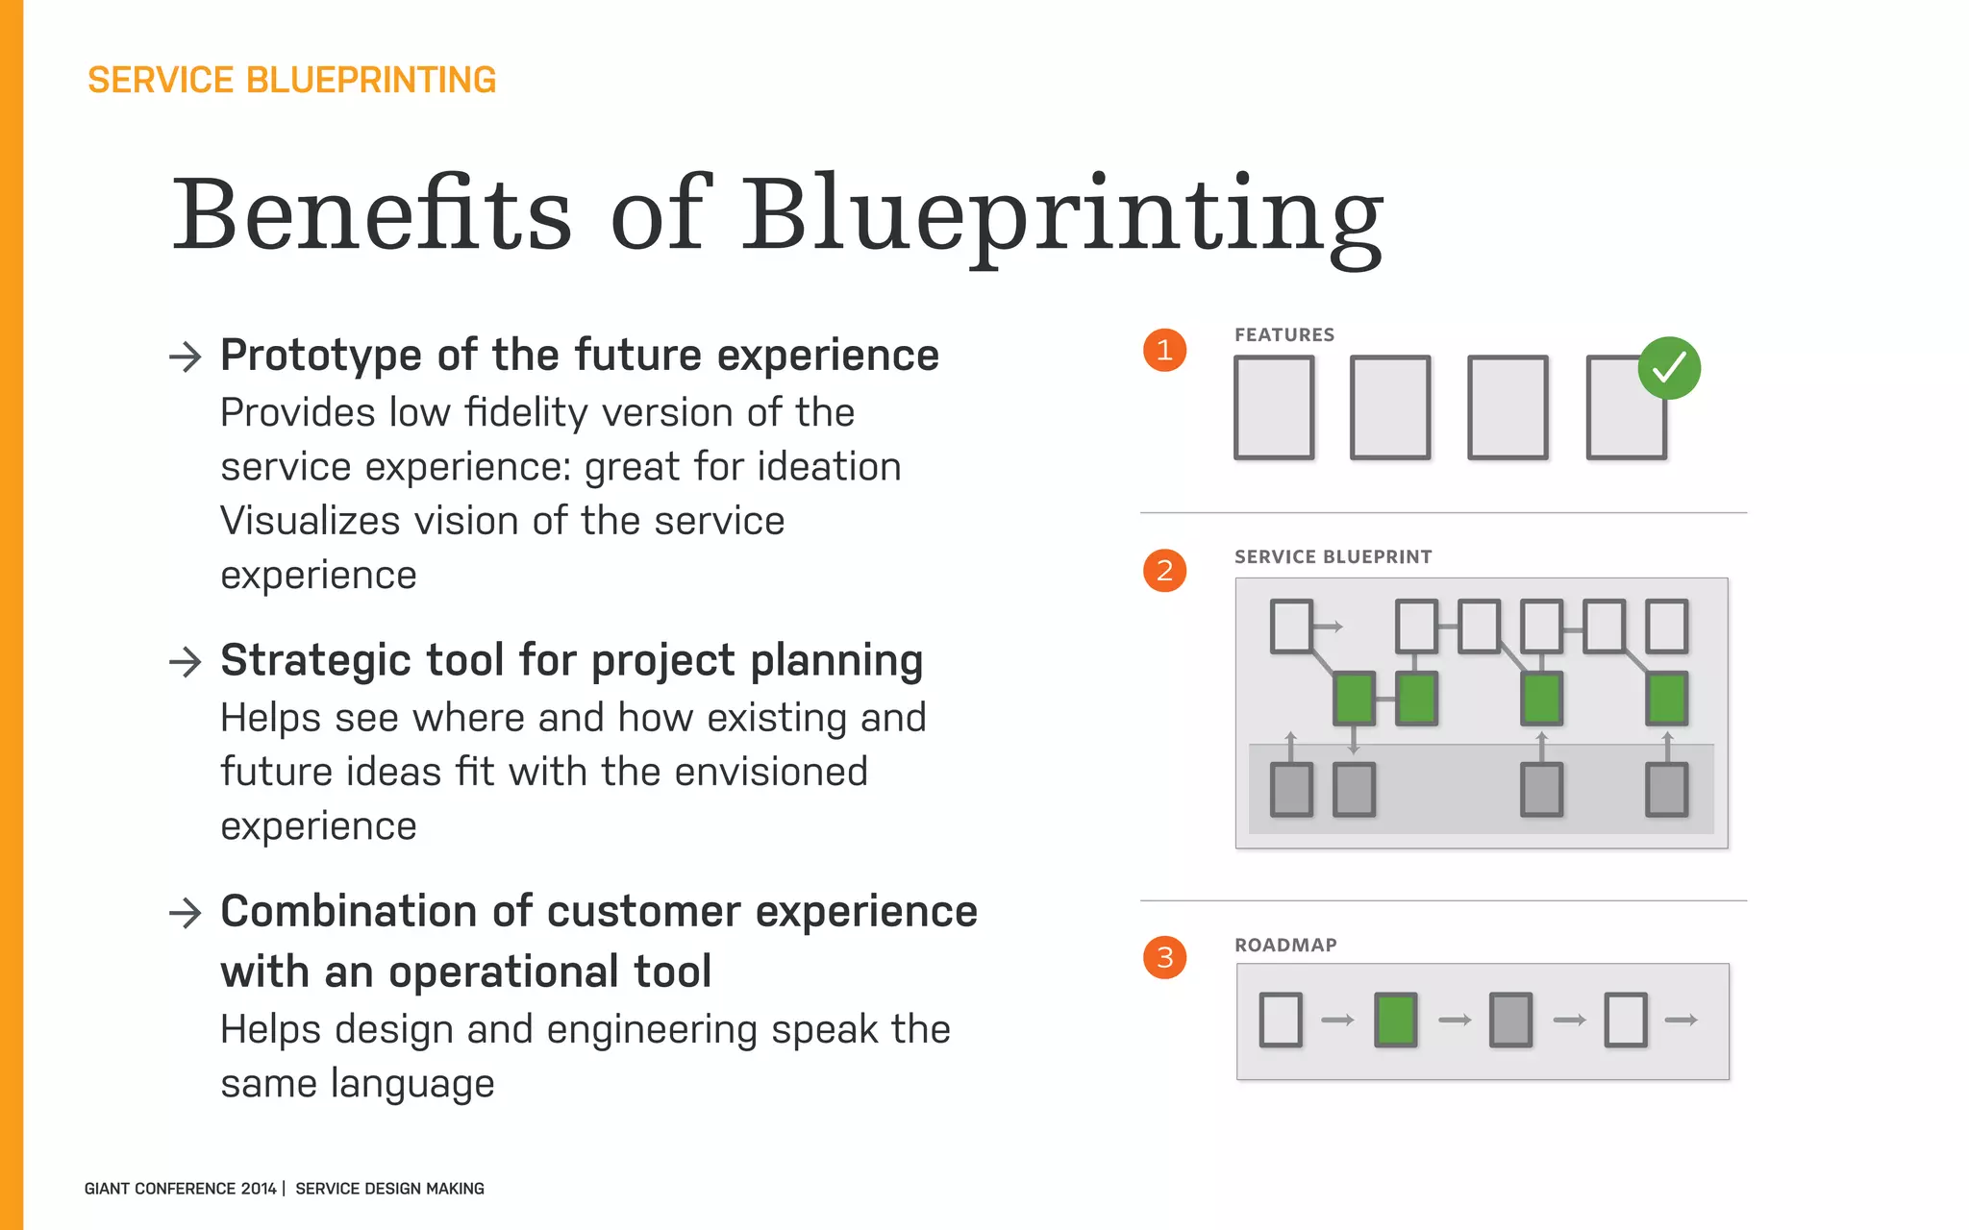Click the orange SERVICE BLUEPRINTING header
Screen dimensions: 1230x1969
pos(291,80)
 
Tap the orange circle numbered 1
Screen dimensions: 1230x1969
pos(1164,350)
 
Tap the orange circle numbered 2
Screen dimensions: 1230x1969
pos(1164,571)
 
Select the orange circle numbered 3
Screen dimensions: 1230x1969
pos(1164,957)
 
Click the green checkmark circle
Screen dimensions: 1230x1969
pos(1669,368)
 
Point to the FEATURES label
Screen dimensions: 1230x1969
pos(1284,335)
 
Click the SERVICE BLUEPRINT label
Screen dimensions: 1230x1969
pos(1333,557)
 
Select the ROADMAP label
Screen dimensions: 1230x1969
pos(1285,946)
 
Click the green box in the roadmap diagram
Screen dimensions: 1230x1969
pos(1396,1020)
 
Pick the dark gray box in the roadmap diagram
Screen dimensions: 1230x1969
pos(1510,1020)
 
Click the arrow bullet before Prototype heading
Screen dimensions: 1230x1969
pos(186,357)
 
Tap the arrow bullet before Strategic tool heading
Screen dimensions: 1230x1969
pos(186,661)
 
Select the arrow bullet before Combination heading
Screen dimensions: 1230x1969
pos(186,912)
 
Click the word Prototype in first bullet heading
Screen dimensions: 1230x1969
pos(321,356)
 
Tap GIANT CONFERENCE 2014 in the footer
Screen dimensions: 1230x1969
pos(180,1189)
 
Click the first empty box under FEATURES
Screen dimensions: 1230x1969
pos(1274,407)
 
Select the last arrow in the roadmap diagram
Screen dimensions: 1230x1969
pos(1682,1020)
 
